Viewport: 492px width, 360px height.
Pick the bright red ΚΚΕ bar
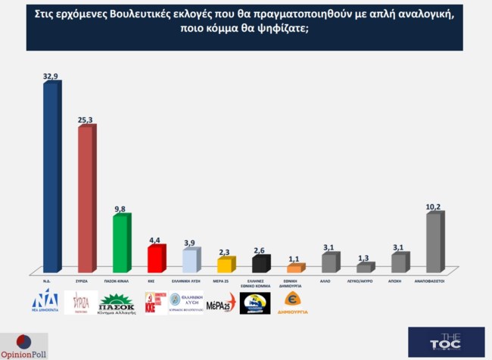pos(154,259)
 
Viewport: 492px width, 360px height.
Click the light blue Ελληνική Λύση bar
pos(189,260)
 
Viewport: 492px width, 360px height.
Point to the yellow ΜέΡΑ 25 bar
pos(224,265)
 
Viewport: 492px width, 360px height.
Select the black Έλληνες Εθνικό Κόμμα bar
pos(259,264)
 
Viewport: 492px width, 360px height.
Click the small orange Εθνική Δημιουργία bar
pos(294,268)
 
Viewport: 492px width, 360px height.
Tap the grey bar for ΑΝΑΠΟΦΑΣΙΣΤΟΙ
pos(433,242)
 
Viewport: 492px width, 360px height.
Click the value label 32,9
pos(51,76)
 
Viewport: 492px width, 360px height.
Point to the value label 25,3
pos(86,119)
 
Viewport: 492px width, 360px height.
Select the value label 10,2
pos(434,206)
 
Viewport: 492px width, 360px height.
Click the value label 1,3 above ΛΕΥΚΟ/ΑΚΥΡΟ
pos(364,257)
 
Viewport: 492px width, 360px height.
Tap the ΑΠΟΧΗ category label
pos(398,279)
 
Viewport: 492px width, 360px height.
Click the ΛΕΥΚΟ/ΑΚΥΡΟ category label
pos(364,279)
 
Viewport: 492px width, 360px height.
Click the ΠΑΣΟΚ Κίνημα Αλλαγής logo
pos(118,303)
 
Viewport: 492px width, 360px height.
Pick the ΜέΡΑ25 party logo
pos(220,303)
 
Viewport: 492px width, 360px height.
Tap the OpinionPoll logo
pos(24,345)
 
